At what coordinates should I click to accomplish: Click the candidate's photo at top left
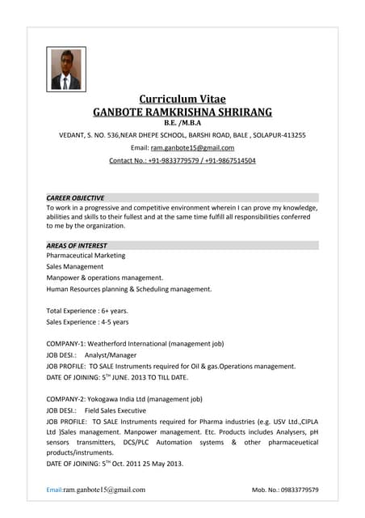coord(65,70)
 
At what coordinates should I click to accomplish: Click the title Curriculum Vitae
coord(182,99)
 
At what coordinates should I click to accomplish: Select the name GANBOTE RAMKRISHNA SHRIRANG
coord(182,112)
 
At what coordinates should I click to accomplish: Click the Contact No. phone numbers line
coord(182,160)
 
